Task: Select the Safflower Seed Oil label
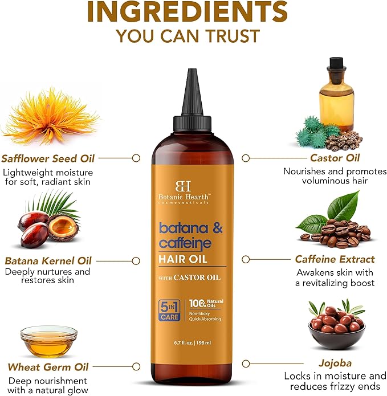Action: click(48, 158)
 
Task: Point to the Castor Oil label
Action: click(335, 158)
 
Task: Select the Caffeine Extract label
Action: click(335, 259)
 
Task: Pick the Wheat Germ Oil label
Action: click(48, 367)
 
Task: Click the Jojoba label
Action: click(335, 362)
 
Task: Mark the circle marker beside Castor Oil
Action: click(246, 158)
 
